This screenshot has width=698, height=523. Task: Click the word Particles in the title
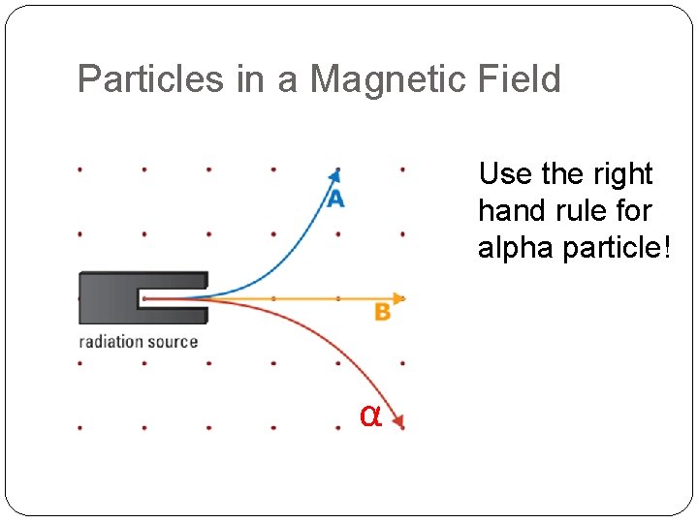coord(150,78)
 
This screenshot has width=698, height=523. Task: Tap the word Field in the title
coord(523,78)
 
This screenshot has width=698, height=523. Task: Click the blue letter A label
coord(335,199)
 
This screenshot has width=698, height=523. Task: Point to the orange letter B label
coord(383,312)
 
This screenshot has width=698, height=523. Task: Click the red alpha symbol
coord(369,415)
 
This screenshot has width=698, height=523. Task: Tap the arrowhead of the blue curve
coord(335,174)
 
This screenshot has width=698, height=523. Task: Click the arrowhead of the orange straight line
coord(397,298)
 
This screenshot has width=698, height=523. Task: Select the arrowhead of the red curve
coord(397,421)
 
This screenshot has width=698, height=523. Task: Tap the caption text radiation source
coord(138,341)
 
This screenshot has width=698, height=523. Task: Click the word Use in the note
coord(504,174)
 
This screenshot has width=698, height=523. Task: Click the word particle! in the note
coord(618,248)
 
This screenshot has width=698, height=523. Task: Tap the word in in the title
coord(249,78)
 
